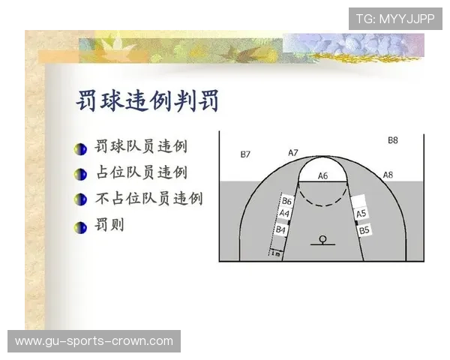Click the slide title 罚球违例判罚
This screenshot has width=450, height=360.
(148, 100)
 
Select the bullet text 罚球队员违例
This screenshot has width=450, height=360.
(142, 146)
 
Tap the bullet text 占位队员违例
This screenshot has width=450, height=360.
(142, 172)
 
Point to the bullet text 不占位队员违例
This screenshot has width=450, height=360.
(149, 199)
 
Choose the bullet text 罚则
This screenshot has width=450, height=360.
(110, 225)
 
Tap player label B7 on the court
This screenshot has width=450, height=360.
(245, 154)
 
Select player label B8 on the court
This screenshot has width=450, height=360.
(393, 140)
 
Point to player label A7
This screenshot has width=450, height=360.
(293, 153)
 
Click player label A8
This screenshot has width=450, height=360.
(388, 175)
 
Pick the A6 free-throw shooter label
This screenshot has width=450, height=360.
(322, 175)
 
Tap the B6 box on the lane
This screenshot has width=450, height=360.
(286, 201)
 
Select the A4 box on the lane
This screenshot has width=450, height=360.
(284, 214)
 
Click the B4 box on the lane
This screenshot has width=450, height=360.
(281, 229)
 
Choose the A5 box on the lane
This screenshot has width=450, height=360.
(361, 214)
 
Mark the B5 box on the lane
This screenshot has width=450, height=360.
(364, 230)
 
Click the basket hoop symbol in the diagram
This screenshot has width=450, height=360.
(322, 239)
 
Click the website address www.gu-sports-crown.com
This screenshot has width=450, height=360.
(94, 341)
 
